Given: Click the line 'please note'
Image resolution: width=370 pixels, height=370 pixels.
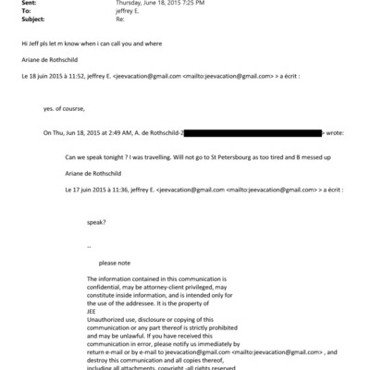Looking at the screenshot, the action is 114,262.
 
